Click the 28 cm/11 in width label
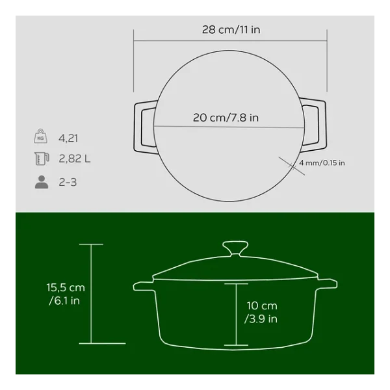coord(231,30)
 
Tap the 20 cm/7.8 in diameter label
coord(226,118)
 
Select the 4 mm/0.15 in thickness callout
coord(322,163)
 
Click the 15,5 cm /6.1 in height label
coord(66,294)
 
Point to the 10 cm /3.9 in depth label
coord(261,312)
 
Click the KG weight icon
coord(40,136)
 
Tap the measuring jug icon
coord(42,159)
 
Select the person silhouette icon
coord(42,182)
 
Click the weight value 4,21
coord(68,138)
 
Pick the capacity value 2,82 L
coord(74,159)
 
